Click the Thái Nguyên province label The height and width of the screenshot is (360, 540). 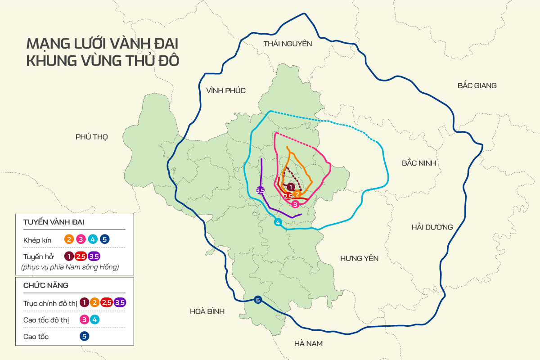click(288, 44)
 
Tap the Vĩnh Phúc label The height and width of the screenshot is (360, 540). click(226, 90)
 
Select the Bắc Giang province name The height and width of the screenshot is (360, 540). click(477, 85)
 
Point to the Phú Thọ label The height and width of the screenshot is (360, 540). click(92, 137)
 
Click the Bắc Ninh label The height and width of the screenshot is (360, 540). click(419, 163)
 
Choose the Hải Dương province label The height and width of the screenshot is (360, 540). click(432, 227)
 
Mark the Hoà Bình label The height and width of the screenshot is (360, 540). click(207, 311)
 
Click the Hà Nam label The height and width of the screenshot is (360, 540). click(308, 343)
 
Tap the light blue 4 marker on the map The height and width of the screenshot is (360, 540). click(278, 222)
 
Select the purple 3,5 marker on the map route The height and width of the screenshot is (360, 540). click(260, 190)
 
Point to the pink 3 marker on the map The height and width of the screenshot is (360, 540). click(295, 204)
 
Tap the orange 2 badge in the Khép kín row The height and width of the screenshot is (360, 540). click(69, 239)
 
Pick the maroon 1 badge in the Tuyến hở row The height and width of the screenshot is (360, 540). click(69, 256)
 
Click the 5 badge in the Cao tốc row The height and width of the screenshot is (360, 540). click(84, 336)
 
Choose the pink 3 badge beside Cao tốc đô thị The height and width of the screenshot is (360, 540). click(84, 319)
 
